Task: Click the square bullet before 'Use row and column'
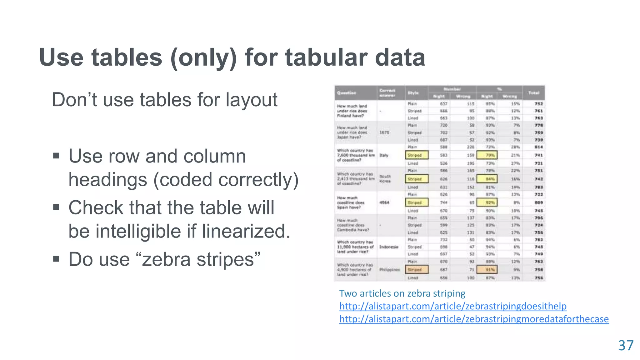point(56,156)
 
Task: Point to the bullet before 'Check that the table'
point(56,207)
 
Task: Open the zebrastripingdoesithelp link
point(453,306)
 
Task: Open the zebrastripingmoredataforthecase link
point(474,319)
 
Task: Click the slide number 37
point(626,346)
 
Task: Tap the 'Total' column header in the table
point(534,93)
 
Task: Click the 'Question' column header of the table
point(347,93)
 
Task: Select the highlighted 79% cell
point(487,155)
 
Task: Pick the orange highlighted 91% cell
point(487,269)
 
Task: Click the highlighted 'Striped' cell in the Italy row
point(416,155)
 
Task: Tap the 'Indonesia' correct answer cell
point(389,247)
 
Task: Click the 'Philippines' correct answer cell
point(389,269)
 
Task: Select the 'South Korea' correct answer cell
point(385,179)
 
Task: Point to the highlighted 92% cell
point(487,202)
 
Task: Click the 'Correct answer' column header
point(387,93)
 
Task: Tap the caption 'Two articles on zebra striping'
point(402,293)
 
